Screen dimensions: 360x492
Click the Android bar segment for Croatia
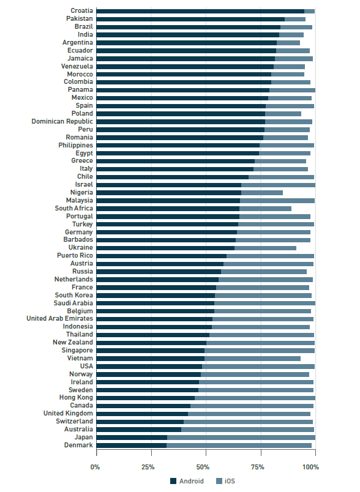(x=200, y=11)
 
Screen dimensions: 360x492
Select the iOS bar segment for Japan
(x=241, y=438)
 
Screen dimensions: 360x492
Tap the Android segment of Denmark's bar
(x=132, y=445)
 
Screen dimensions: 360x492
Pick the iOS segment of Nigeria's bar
(x=262, y=193)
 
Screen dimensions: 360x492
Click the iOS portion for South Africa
(x=265, y=209)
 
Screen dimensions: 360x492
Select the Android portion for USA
(x=149, y=367)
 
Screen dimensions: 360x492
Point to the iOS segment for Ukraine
(x=265, y=248)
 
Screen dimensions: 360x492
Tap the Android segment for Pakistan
(x=190, y=19)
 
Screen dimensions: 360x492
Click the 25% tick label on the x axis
(x=148, y=467)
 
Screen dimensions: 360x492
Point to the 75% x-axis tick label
(x=257, y=467)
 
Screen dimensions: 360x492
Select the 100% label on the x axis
(x=311, y=467)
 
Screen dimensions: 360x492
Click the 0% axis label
(x=95, y=467)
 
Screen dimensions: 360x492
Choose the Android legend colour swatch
(x=173, y=481)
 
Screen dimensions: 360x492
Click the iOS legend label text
(x=230, y=481)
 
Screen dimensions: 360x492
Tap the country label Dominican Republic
(x=62, y=121)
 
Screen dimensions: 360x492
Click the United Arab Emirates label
(x=59, y=318)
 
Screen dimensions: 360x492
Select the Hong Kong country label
(x=76, y=398)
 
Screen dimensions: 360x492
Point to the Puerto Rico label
(x=75, y=255)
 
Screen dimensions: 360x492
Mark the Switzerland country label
(x=74, y=422)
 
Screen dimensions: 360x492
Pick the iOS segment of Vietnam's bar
(x=252, y=359)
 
